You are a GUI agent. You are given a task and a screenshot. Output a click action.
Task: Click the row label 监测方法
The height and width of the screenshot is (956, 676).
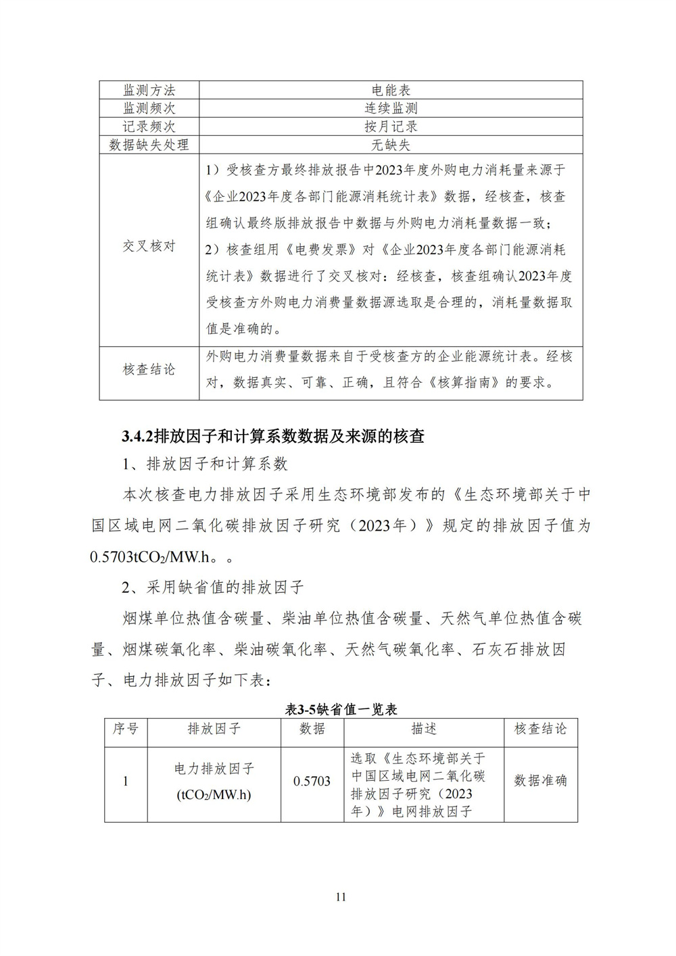click(149, 90)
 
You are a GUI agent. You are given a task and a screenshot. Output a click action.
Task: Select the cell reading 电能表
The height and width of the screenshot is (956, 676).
click(391, 90)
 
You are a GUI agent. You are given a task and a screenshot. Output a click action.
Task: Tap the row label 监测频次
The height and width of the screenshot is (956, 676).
click(149, 108)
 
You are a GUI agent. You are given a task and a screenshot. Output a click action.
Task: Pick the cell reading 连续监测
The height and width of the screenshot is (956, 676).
click(391, 108)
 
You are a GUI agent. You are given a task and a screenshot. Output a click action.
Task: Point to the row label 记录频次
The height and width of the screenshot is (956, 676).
click(149, 126)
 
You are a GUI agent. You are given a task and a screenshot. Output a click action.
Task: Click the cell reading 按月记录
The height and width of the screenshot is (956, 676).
click(391, 126)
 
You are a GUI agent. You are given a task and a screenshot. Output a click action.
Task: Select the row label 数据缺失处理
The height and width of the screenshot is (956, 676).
click(149, 145)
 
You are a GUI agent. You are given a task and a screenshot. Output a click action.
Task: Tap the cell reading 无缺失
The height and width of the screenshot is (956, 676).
click(391, 145)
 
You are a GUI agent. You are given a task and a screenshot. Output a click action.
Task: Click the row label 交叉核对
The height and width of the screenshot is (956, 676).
click(149, 246)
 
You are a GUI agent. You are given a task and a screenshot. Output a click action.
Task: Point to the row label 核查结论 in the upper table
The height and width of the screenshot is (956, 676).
click(149, 369)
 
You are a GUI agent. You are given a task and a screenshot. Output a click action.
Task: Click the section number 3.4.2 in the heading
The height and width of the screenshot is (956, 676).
click(138, 436)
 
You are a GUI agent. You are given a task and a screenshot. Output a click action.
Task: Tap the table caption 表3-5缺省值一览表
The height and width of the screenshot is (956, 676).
click(341, 709)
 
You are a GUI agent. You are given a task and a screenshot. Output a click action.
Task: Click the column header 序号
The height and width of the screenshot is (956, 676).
click(126, 729)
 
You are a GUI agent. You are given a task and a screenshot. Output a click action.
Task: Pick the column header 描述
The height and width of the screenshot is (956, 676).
click(424, 729)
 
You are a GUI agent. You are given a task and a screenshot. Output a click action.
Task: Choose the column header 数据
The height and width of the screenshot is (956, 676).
click(312, 729)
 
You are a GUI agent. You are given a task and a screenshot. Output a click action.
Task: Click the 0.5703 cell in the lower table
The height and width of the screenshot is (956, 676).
click(312, 782)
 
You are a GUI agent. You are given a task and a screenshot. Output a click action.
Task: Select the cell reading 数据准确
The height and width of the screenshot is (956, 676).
click(540, 781)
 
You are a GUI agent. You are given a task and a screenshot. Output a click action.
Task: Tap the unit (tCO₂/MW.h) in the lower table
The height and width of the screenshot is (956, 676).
click(214, 795)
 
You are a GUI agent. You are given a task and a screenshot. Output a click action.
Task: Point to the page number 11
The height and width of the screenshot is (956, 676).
click(340, 897)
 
